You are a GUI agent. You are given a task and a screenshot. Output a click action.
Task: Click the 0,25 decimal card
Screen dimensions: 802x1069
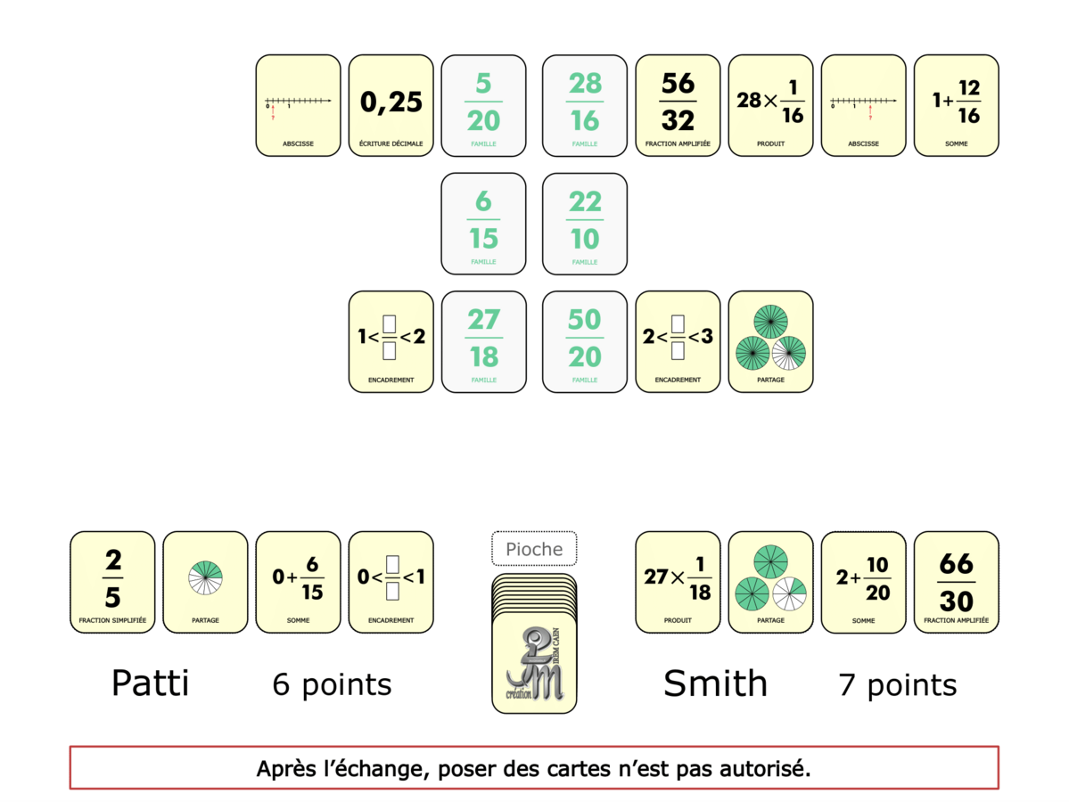pos(391,105)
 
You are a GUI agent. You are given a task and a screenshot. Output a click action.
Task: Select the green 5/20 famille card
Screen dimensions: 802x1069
pos(483,105)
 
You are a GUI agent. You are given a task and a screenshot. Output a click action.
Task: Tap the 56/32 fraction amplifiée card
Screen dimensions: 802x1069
pos(678,105)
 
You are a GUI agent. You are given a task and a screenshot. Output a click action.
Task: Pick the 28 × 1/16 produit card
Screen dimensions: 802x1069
pos(770,105)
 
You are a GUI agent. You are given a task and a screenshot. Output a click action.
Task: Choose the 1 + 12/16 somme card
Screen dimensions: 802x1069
pos(956,105)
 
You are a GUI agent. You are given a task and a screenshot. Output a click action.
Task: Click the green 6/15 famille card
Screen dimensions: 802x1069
pos(483,223)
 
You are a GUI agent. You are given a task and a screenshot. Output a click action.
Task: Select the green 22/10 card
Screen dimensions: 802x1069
pos(584,223)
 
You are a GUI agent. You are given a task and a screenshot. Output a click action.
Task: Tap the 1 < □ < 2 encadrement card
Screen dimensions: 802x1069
pos(391,341)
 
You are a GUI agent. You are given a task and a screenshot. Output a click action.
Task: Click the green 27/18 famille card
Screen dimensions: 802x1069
pos(483,341)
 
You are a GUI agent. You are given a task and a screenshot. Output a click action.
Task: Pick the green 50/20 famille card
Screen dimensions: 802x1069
pos(584,341)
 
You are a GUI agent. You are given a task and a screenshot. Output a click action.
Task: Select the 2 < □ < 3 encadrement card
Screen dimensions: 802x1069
pos(678,341)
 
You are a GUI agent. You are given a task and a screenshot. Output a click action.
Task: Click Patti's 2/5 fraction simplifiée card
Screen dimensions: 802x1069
pos(112,582)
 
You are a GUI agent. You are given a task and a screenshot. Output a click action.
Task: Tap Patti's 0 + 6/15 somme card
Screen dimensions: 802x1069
pos(298,582)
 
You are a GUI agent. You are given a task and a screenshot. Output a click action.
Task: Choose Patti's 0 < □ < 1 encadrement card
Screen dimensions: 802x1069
pos(391,582)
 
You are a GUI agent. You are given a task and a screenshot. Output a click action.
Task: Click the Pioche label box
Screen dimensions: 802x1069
pos(534,549)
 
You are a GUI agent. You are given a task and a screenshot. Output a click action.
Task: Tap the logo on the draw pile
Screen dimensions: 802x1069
pos(534,664)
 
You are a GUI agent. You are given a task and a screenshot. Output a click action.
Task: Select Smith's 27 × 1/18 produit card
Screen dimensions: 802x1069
pos(678,582)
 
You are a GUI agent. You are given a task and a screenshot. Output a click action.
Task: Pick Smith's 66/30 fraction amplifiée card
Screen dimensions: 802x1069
pos(956,582)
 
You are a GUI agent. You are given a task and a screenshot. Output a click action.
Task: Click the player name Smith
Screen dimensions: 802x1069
pos(715,683)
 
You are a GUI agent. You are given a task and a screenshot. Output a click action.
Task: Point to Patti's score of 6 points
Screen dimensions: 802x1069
pos(332,684)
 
